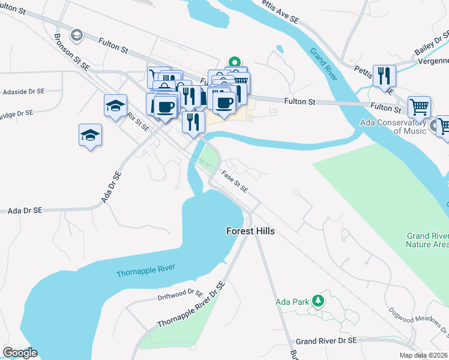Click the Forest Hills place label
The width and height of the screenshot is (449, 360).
251,230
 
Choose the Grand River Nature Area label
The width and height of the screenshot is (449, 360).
427,240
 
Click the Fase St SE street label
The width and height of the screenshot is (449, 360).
235,182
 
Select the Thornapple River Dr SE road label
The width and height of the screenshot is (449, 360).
191,305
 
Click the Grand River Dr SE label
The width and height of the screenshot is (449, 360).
326,340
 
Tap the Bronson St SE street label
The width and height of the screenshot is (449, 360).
71,50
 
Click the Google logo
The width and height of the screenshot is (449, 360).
20,353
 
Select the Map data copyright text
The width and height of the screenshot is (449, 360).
423,355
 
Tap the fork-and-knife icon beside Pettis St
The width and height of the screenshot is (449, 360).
384,76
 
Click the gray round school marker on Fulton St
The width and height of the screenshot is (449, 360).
76,35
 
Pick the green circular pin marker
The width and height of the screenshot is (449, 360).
235,61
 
